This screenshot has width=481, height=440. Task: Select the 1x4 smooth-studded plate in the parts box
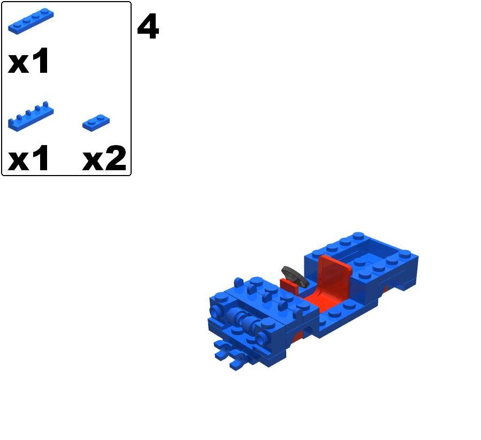tap(30, 21)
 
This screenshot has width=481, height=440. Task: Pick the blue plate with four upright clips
tap(30, 116)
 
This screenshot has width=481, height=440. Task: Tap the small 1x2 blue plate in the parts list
tap(96, 122)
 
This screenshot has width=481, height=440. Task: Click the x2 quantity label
tap(104, 158)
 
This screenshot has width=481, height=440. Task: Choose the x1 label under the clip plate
tap(29, 158)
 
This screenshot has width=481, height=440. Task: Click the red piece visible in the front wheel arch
tap(297, 336)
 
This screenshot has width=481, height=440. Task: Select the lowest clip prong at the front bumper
tap(235, 366)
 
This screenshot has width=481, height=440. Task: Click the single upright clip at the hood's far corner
tap(239, 282)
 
